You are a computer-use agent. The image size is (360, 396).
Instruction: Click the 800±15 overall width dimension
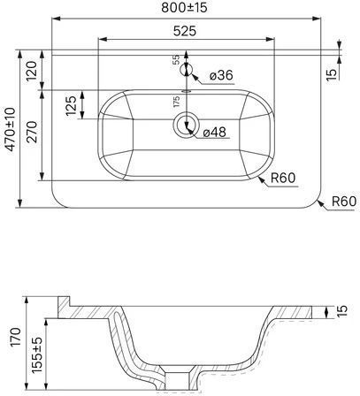click(184, 8)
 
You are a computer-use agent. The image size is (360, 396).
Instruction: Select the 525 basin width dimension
click(185, 31)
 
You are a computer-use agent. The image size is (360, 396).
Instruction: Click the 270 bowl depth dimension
click(32, 132)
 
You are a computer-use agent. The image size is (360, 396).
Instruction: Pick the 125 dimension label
click(71, 105)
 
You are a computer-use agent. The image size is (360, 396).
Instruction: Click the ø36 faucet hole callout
click(221, 75)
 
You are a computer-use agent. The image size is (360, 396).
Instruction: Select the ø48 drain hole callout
click(215, 133)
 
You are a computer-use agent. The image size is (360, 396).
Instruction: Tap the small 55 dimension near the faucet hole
click(176, 60)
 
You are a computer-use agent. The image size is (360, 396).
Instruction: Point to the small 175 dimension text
click(176, 102)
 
